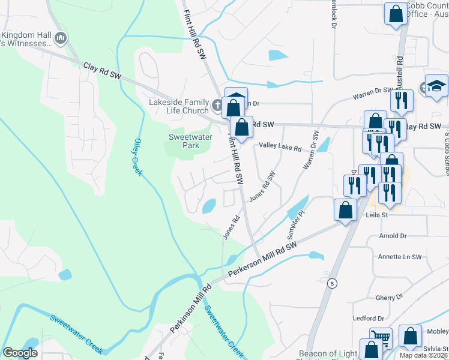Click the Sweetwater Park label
(x=183, y=141)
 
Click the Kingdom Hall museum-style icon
(x=60, y=39)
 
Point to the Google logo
(x=20, y=353)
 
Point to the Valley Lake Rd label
(x=280, y=146)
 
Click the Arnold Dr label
(x=393, y=236)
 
